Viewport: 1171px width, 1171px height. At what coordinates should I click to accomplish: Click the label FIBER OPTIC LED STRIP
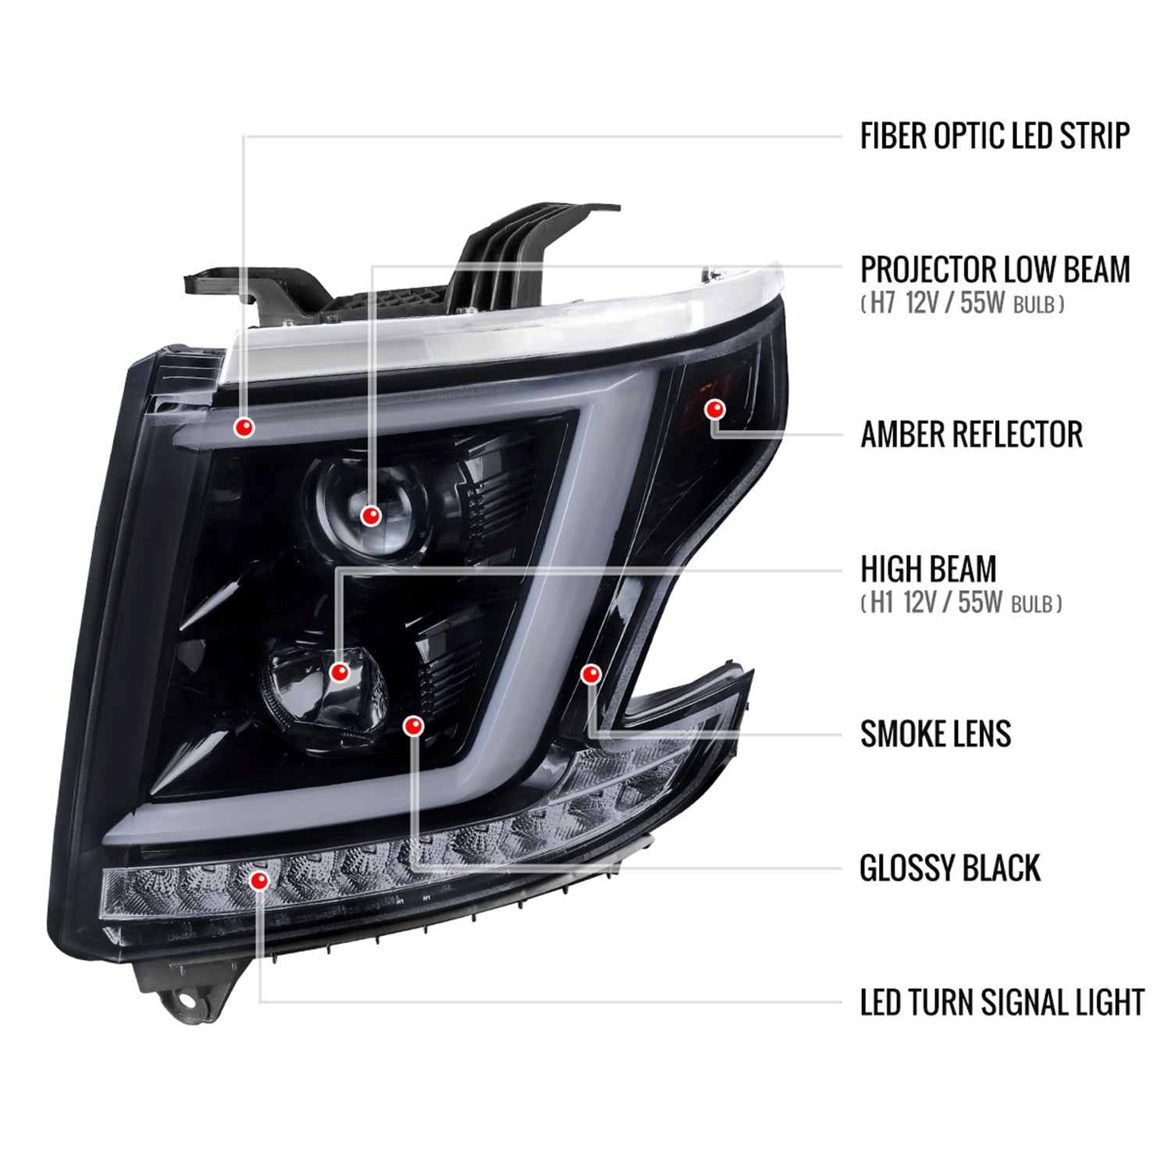994,136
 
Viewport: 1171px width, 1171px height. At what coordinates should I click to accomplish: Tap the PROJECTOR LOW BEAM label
995,270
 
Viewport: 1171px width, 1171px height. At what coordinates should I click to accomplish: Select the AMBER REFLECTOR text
971,435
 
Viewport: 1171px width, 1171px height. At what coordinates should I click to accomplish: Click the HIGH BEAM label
928,569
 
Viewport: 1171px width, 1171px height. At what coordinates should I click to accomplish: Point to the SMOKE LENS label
935,734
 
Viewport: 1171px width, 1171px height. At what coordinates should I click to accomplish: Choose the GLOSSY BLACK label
949,868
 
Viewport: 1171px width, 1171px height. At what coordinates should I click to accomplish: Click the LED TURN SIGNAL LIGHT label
1002,1003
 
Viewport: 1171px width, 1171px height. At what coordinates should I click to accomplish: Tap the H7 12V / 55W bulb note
963,304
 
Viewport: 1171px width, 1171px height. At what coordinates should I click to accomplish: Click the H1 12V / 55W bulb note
961,603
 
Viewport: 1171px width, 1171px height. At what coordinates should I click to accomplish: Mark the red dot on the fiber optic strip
245,427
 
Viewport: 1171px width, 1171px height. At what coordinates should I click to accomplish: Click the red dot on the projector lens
371,515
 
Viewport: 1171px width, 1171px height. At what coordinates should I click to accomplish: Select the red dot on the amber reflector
715,408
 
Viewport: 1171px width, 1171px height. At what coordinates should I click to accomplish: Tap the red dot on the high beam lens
340,671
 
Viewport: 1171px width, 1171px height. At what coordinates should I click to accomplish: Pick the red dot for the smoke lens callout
591,673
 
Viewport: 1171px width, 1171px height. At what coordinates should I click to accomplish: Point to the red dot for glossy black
413,726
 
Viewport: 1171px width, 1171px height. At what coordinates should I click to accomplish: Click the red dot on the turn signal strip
259,881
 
